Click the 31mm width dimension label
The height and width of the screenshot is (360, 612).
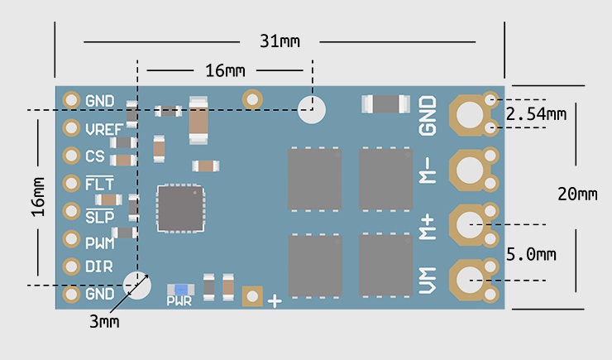[280, 41]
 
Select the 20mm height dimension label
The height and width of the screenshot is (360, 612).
[577, 194]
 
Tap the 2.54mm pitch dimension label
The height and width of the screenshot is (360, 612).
[536, 114]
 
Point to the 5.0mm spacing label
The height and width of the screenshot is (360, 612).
[531, 255]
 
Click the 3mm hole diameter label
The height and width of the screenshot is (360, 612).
[104, 322]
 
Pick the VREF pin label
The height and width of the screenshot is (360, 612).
[104, 129]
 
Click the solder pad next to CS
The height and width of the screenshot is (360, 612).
[71, 156]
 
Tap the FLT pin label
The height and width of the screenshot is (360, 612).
[99, 183]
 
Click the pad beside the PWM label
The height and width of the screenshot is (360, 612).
[71, 238]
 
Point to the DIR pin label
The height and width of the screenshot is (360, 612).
[99, 266]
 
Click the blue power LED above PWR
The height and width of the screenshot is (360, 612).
[181, 290]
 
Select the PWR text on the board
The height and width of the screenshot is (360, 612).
[179, 301]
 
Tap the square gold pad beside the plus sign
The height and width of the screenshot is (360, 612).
[252, 296]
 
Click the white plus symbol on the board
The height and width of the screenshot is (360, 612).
[275, 301]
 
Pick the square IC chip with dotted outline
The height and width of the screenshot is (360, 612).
[181, 208]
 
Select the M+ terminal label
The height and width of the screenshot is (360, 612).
[427, 227]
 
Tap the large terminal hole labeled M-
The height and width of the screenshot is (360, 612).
[470, 170]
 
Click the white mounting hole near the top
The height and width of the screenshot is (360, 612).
[312, 110]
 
